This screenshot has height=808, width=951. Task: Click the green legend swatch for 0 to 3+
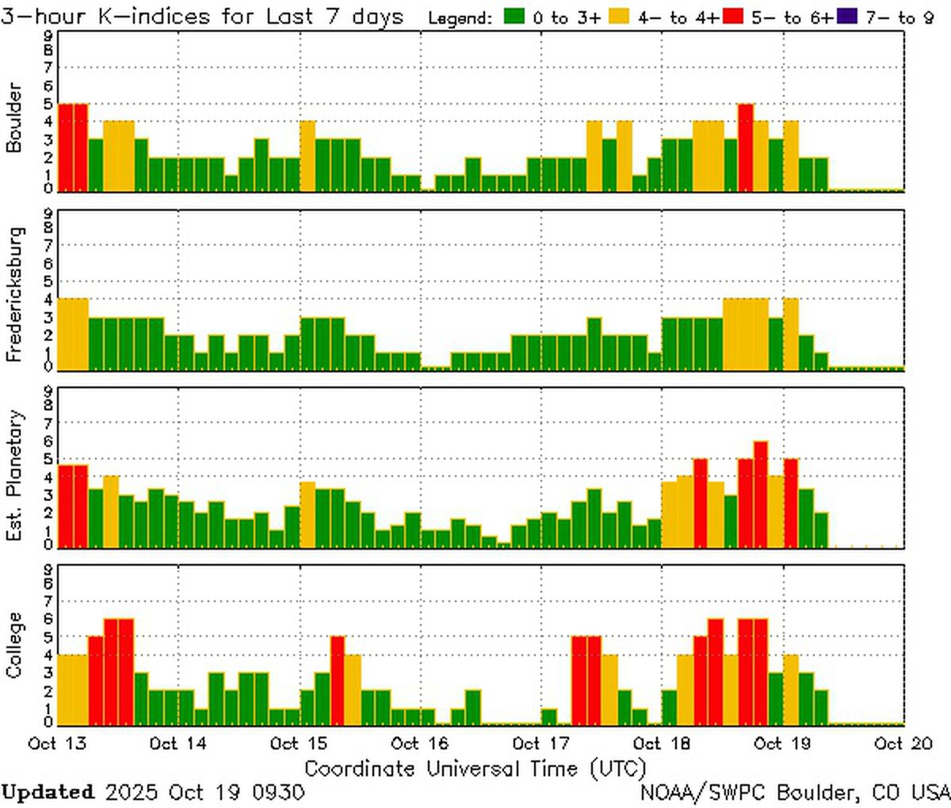[515, 17]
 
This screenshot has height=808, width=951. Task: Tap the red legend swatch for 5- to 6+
[733, 17]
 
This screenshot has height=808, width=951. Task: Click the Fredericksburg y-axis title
[13, 295]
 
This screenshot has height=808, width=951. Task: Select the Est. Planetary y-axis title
[13, 475]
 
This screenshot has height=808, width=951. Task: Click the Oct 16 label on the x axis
[420, 743]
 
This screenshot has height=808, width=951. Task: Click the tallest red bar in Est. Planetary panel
[761, 493]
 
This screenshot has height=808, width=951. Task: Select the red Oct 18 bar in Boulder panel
[746, 147]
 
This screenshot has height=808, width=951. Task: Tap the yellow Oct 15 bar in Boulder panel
[307, 155]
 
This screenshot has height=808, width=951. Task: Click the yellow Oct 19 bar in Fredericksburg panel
[791, 333]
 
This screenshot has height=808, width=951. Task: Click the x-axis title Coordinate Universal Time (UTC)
[475, 768]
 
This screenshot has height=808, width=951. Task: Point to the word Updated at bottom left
[48, 791]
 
